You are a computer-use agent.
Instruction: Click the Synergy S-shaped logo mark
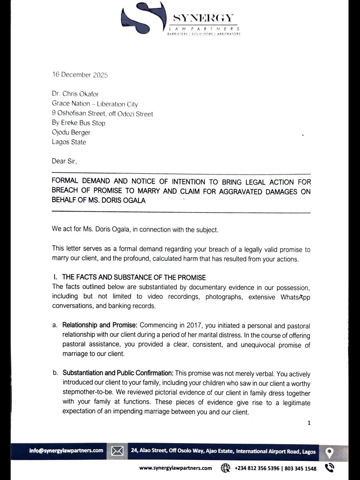click(x=143, y=18)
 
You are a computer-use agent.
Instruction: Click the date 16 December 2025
click(x=80, y=75)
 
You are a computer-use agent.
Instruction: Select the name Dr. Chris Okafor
click(x=75, y=94)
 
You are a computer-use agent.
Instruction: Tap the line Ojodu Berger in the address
click(x=71, y=132)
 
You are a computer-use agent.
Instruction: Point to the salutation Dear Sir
click(x=64, y=161)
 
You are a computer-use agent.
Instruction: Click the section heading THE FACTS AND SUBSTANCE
click(x=134, y=277)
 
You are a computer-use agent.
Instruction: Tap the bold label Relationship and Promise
click(x=100, y=325)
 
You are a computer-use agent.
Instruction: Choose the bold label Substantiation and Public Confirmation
click(x=118, y=373)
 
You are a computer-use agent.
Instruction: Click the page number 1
click(x=309, y=423)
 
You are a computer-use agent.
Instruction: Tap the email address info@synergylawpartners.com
click(x=66, y=451)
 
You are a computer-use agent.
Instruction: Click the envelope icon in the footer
click(x=117, y=451)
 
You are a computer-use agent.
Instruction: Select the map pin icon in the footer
click(x=329, y=453)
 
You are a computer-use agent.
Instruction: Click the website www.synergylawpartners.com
click(x=176, y=468)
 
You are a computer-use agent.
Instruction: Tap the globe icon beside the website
click(x=225, y=468)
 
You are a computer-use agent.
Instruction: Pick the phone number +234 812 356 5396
click(x=257, y=468)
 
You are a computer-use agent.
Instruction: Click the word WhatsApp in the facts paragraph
click(x=295, y=297)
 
